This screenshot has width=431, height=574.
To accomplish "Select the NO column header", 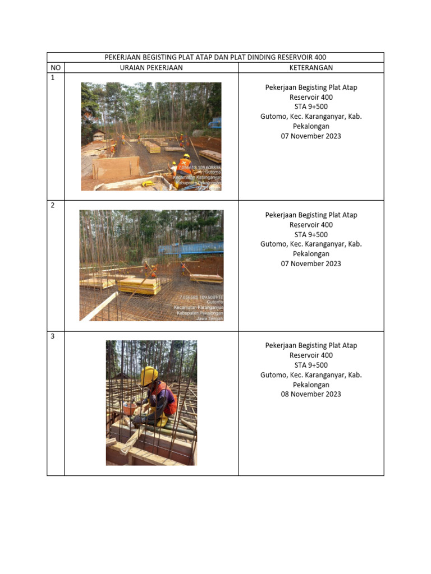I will tap(56, 68).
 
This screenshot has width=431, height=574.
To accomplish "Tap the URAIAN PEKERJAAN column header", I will tap(151, 68).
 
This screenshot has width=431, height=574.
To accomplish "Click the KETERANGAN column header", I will tap(311, 68).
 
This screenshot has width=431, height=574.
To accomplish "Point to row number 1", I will tap(53, 78).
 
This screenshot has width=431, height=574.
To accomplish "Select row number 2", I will tap(53, 205).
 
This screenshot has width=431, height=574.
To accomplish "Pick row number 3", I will tap(53, 336).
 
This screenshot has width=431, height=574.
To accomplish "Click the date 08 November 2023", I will tap(311, 394).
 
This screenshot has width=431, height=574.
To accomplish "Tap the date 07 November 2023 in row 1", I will tap(311, 136).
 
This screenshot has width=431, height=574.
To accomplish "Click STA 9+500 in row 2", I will tap(311, 234).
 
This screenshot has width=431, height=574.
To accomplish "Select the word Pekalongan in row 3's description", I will tap(311, 385).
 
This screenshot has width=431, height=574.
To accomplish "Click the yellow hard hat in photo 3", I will tap(149, 375).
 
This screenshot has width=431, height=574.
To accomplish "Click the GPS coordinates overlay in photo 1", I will tap(199, 167).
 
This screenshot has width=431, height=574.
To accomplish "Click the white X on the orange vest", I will tap(184, 161).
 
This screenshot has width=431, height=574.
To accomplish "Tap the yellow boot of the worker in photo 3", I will tap(162, 422).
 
